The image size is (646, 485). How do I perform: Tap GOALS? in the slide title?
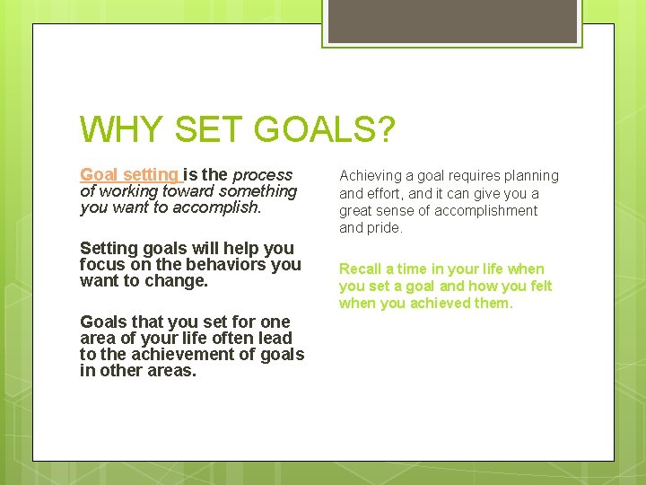pos(324,129)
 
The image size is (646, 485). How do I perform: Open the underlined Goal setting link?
pos(129,175)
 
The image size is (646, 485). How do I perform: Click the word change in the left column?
pos(179,280)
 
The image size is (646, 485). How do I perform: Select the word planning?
pos(527,176)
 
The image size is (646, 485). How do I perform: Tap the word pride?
pos(385,227)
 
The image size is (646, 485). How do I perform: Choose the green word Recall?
pos(360,269)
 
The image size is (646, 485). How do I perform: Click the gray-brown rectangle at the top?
pos(452,21)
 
